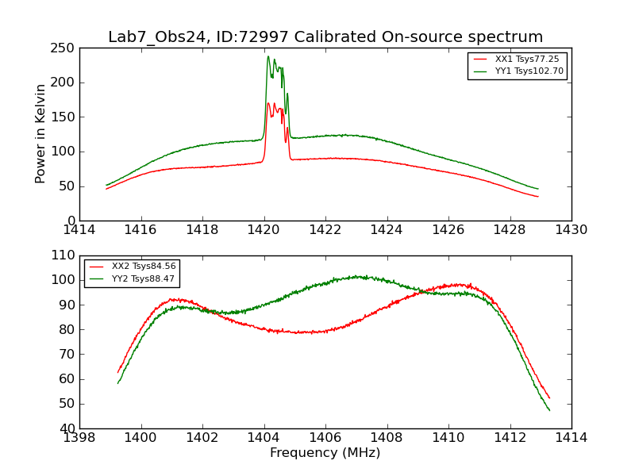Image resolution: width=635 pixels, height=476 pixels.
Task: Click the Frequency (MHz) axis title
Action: point(325,453)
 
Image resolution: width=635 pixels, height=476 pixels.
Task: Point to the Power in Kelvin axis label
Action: point(40,133)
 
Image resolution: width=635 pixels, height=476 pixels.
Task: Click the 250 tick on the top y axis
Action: point(65,48)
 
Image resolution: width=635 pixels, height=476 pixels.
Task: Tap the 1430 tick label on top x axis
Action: point(571,230)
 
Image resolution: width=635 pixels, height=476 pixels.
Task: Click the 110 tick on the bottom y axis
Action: point(65,255)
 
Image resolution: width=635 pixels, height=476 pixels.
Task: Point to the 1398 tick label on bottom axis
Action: point(79,438)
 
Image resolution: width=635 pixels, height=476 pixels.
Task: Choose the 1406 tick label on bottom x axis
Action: point(325,438)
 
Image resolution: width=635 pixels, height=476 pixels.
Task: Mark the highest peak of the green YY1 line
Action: point(268,56)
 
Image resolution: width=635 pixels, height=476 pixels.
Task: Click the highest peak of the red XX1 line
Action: point(268,102)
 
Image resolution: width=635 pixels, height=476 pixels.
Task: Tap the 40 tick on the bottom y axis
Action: point(68,428)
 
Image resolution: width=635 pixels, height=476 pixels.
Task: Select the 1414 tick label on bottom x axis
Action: point(571,438)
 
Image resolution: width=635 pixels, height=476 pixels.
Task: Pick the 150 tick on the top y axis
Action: point(65,117)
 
